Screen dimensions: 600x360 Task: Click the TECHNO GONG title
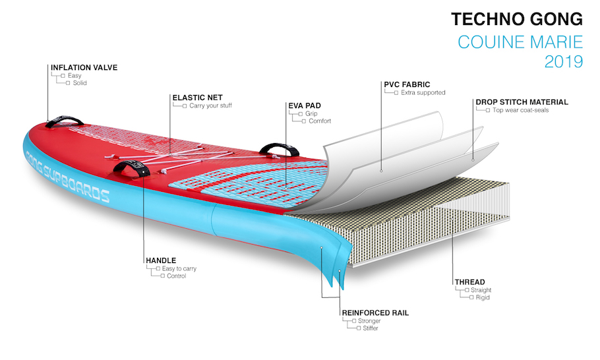[516, 19]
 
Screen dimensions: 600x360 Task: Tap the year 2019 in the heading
[564, 61]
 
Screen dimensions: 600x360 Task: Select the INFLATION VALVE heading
[84, 67]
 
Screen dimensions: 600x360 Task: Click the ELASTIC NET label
[197, 98]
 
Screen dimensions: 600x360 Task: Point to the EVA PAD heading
[305, 105]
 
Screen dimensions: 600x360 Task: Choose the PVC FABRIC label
[407, 84]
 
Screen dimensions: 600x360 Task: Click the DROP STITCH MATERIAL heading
[522, 102]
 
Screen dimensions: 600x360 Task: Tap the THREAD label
[470, 282]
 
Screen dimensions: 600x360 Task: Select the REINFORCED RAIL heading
[375, 313]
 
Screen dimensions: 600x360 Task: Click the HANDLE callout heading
[161, 260]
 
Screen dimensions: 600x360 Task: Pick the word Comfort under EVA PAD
[320, 121]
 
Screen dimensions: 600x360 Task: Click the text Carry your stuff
[210, 105]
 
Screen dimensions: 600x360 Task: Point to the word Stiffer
[371, 328]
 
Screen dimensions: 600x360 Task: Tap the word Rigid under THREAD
[483, 297]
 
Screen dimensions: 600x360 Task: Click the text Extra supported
[423, 92]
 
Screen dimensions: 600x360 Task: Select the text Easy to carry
[179, 268]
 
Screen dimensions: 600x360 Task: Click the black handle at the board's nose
[65, 121]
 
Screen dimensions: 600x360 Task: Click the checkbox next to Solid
[68, 83]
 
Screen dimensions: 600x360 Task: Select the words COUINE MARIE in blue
[520, 42]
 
